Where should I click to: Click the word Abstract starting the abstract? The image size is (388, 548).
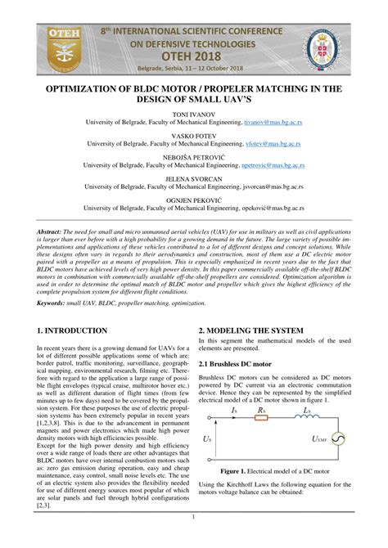[x=53, y=232]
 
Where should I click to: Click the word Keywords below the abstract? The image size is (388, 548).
[x=56, y=303]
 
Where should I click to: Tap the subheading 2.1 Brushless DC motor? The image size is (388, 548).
[x=241, y=362]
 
